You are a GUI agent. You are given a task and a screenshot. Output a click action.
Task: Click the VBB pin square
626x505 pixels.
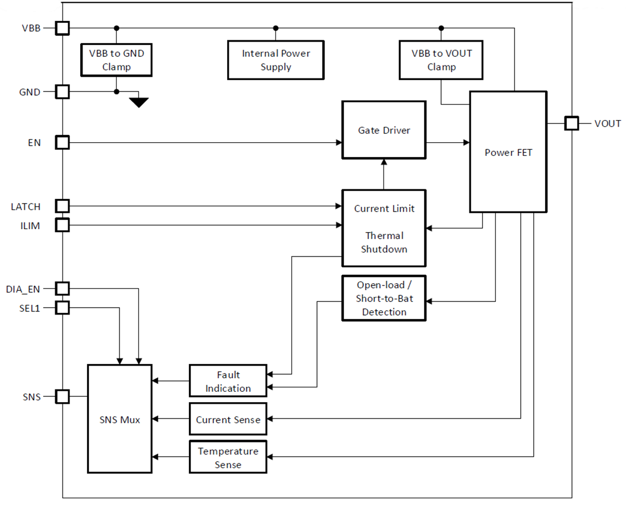pyautogui.click(x=62, y=28)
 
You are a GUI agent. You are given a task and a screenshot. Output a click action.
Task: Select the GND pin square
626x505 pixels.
pyautogui.click(x=62, y=92)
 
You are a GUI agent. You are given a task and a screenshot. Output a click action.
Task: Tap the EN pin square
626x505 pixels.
pyautogui.click(x=62, y=142)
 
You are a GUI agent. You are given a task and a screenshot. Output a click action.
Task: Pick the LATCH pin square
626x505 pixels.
pyautogui.click(x=62, y=206)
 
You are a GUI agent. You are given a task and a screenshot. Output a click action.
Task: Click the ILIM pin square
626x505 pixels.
pyautogui.click(x=62, y=225)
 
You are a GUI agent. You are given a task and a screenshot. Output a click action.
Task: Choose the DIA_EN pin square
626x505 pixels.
pyautogui.click(x=62, y=288)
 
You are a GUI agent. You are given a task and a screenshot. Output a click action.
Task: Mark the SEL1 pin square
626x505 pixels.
pyautogui.click(x=62, y=308)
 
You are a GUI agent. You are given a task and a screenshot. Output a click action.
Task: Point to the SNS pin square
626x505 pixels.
pyautogui.click(x=62, y=396)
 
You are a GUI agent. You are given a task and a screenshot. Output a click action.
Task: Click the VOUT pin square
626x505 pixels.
pyautogui.click(x=571, y=123)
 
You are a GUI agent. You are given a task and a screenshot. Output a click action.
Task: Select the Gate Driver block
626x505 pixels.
pyautogui.click(x=384, y=130)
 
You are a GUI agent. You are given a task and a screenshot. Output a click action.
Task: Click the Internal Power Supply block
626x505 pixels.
pyautogui.click(x=275, y=60)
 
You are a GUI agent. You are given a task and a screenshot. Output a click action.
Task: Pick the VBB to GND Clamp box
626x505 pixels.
pyautogui.click(x=116, y=60)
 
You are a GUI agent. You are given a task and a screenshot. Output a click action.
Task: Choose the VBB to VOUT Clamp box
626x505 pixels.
pyautogui.click(x=442, y=60)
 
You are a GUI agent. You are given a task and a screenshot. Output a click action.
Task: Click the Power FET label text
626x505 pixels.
pyautogui.click(x=508, y=152)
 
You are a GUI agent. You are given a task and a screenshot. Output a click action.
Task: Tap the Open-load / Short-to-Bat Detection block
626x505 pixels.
pyautogui.click(x=384, y=298)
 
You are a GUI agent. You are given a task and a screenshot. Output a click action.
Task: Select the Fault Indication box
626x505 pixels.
pyautogui.click(x=228, y=381)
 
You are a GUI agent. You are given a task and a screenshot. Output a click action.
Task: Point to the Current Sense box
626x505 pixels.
pyautogui.click(x=228, y=420)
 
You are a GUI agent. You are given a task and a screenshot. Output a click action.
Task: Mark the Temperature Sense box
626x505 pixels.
pyautogui.click(x=228, y=457)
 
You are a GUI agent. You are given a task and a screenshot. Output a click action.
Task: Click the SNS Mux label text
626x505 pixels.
pyautogui.click(x=119, y=420)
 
